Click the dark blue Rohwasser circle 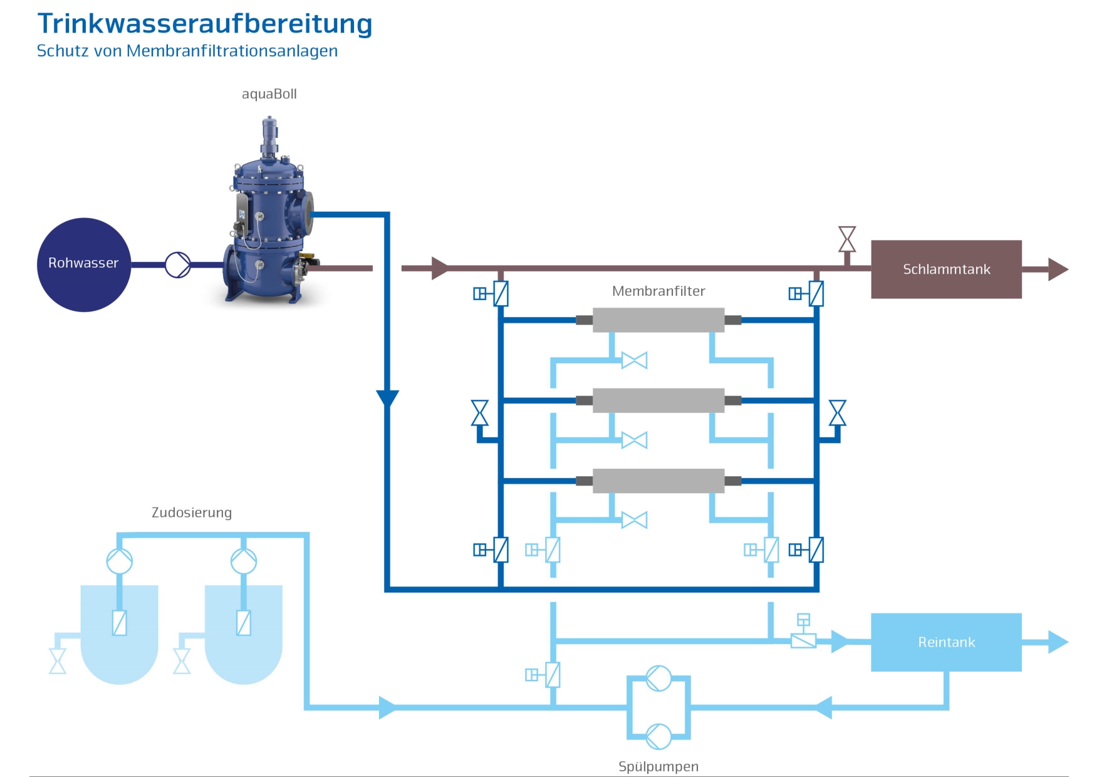pyautogui.click(x=84, y=264)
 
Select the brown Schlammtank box pyautogui.click(x=946, y=269)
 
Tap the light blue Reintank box pyautogui.click(x=946, y=642)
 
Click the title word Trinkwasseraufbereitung pyautogui.click(x=205, y=24)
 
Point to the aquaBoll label pyautogui.click(x=269, y=94)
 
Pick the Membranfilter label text pyautogui.click(x=658, y=291)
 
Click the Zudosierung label pyautogui.click(x=192, y=513)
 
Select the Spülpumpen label pyautogui.click(x=658, y=766)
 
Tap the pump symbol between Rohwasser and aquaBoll pyautogui.click(x=178, y=264)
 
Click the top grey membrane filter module pyautogui.click(x=658, y=320)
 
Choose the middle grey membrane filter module pyautogui.click(x=658, y=400)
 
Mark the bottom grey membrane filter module pyautogui.click(x=658, y=481)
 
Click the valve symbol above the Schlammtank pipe pyautogui.click(x=847, y=239)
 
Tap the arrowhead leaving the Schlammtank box pyautogui.click(x=1058, y=269)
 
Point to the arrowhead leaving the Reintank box pyautogui.click(x=1058, y=642)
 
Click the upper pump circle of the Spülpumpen pyautogui.click(x=659, y=678)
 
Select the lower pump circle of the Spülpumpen pyautogui.click(x=659, y=736)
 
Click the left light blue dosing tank pyautogui.click(x=119, y=633)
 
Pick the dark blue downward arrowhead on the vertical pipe pyautogui.click(x=387, y=398)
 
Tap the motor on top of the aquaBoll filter pyautogui.click(x=269, y=135)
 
